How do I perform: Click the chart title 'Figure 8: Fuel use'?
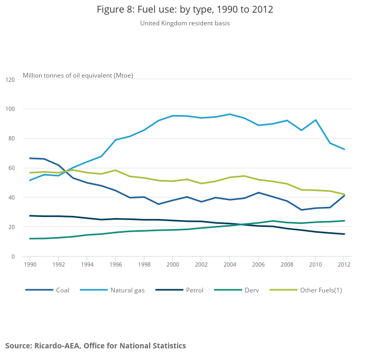coord(185,10)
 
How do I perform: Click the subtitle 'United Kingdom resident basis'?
coord(185,23)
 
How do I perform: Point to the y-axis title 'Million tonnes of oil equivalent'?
coord(78,75)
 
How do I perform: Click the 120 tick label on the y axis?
coord(10,80)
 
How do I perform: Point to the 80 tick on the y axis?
coord(12,139)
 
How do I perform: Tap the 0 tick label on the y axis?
coord(13,257)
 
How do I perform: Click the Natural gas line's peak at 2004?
coord(230,114)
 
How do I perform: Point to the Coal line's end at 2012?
coord(344,195)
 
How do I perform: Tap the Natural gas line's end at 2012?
coord(344,149)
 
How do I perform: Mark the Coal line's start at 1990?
coord(30,158)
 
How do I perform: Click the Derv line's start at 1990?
coord(30,239)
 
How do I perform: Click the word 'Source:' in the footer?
coord(19,346)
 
